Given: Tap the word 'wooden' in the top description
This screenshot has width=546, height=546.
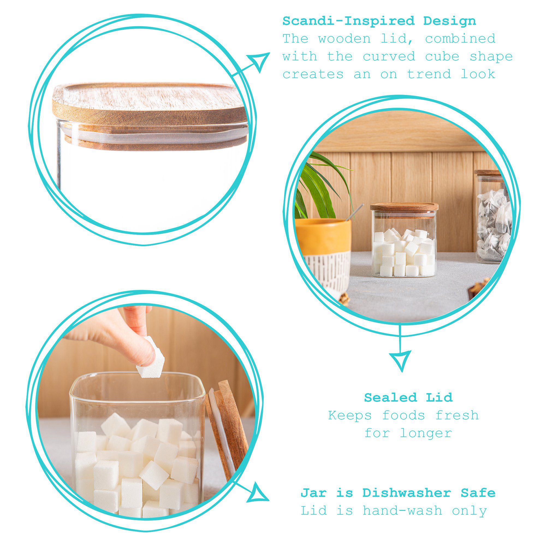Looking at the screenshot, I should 344,39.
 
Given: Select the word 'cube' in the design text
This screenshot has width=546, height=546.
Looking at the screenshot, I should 442,57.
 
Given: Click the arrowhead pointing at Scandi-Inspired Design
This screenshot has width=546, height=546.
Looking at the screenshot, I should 259,61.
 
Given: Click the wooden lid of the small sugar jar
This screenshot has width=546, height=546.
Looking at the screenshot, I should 404,207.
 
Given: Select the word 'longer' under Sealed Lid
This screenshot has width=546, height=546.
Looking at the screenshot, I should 426,433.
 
